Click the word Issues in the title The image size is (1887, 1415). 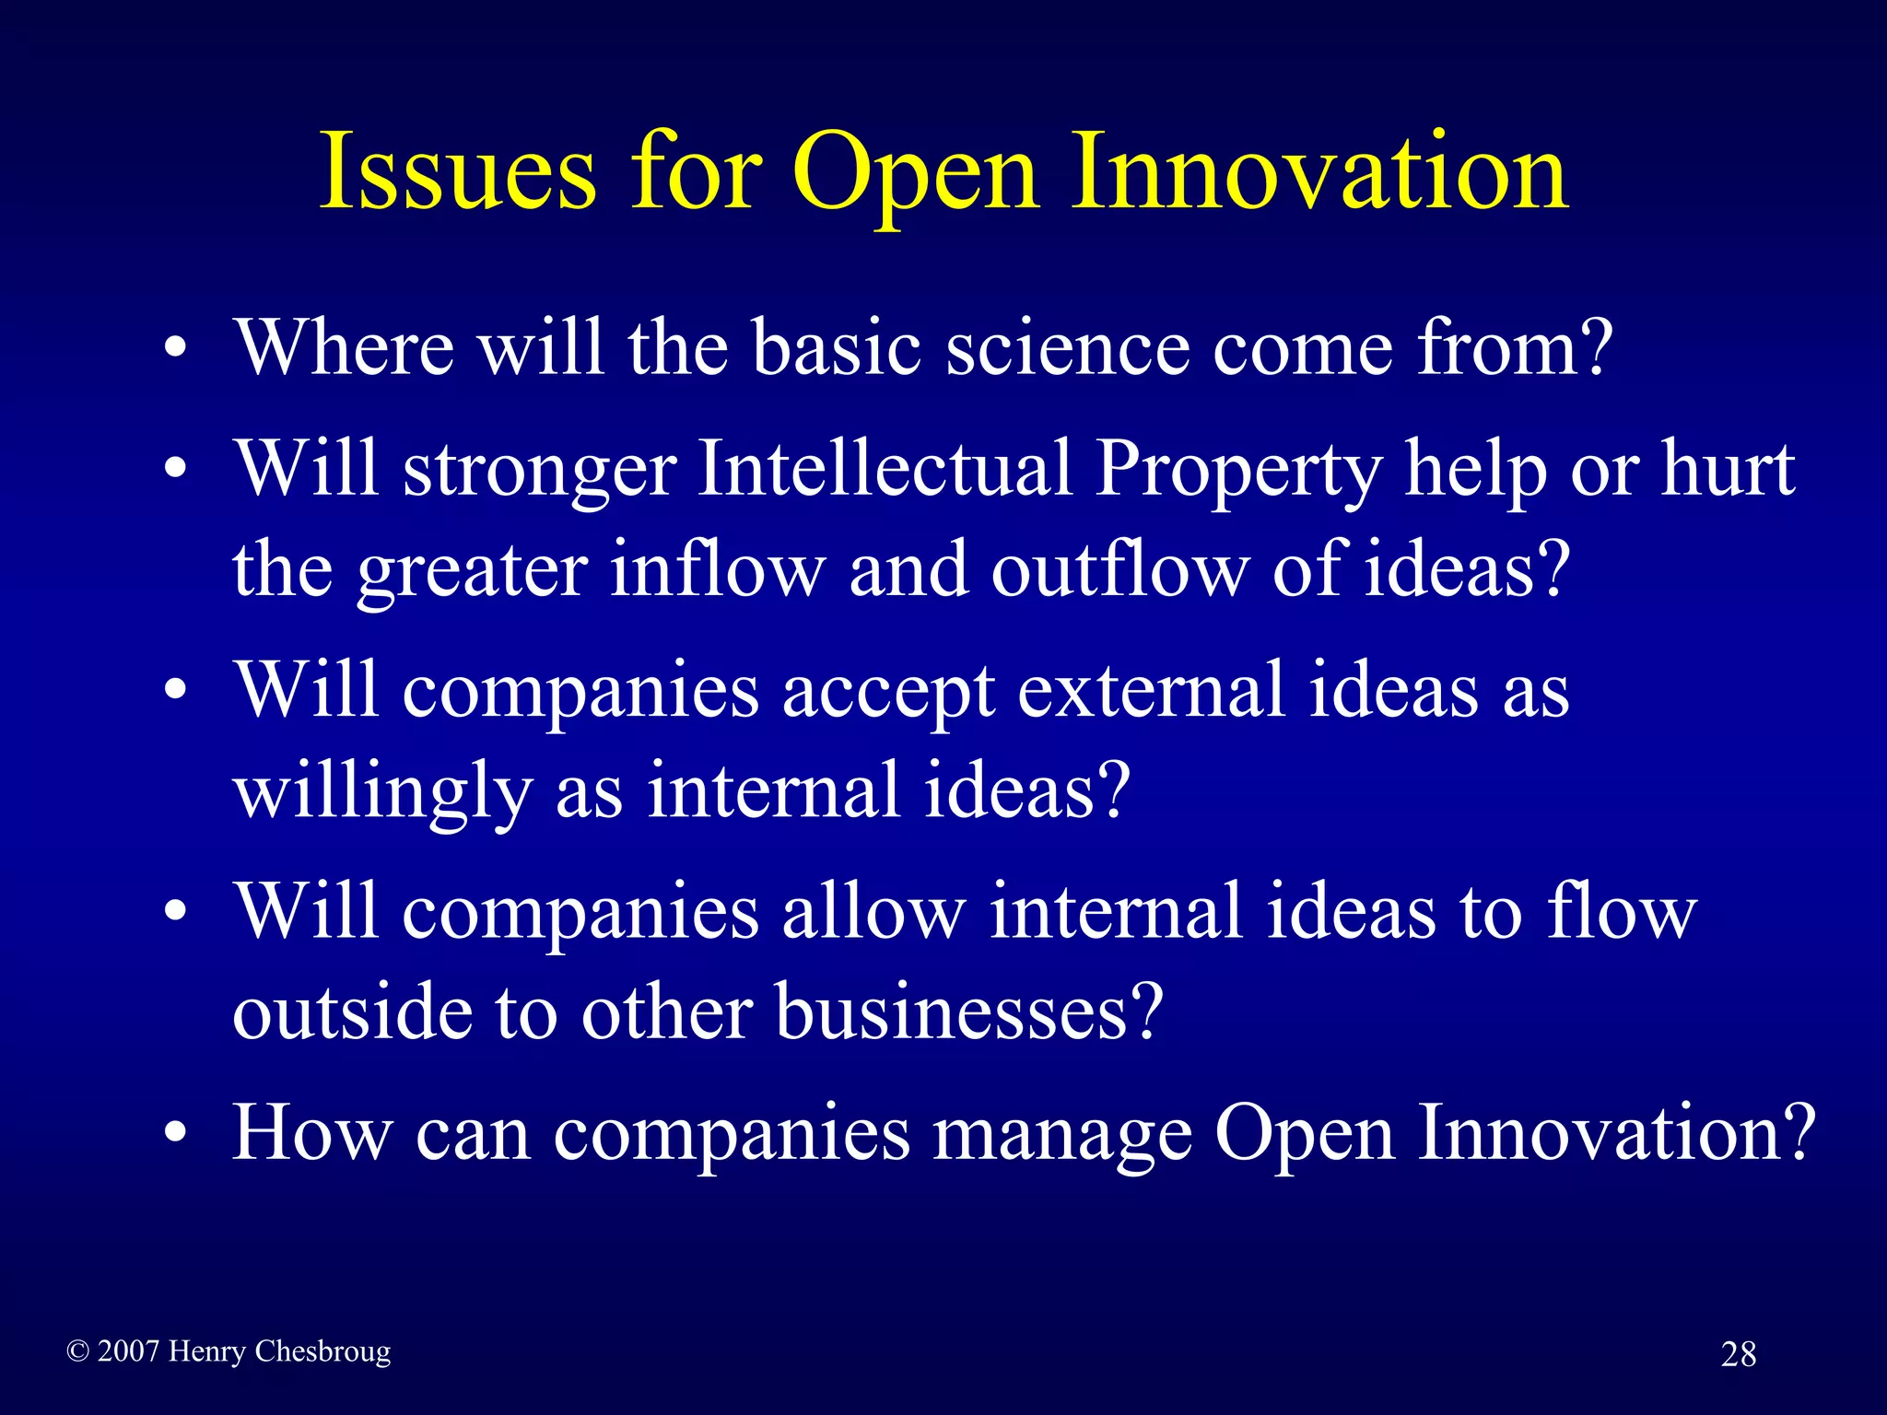(458, 171)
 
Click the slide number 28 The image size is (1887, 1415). (1738, 1354)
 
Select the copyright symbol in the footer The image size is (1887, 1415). (78, 1351)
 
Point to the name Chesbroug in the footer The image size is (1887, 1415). (322, 1351)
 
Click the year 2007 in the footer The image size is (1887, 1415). (128, 1351)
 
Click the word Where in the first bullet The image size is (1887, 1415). (345, 347)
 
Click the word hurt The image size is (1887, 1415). (1728, 468)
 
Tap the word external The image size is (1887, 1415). (1150, 691)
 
